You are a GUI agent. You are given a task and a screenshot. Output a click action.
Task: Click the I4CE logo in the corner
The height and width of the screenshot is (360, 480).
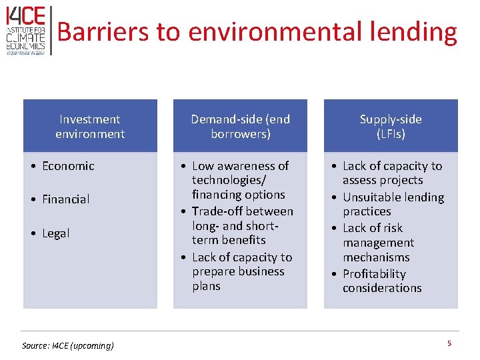[25, 30]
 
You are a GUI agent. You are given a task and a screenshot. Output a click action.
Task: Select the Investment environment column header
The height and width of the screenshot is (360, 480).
[90, 127]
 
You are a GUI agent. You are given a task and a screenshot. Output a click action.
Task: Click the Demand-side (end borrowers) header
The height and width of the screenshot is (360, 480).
[240, 127]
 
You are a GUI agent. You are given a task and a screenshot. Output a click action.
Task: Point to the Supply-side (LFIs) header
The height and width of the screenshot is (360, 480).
[391, 127]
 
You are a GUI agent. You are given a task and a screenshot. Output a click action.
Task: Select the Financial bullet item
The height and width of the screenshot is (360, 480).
[65, 199]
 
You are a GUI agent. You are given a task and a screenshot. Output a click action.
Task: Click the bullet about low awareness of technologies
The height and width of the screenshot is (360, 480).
[240, 180]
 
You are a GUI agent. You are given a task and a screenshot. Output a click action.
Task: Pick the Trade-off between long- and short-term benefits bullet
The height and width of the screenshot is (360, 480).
[241, 225]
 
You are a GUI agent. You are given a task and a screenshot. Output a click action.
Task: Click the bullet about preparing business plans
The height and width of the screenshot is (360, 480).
[241, 271]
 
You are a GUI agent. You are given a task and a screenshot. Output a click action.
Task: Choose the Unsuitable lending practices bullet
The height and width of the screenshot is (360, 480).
[393, 204]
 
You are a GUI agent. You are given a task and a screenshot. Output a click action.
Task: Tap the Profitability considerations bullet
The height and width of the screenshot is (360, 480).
[382, 281]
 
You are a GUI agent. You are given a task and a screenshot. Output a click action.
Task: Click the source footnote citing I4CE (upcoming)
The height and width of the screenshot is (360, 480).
[68, 345]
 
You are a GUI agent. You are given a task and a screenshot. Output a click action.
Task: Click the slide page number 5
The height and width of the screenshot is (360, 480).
[449, 343]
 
